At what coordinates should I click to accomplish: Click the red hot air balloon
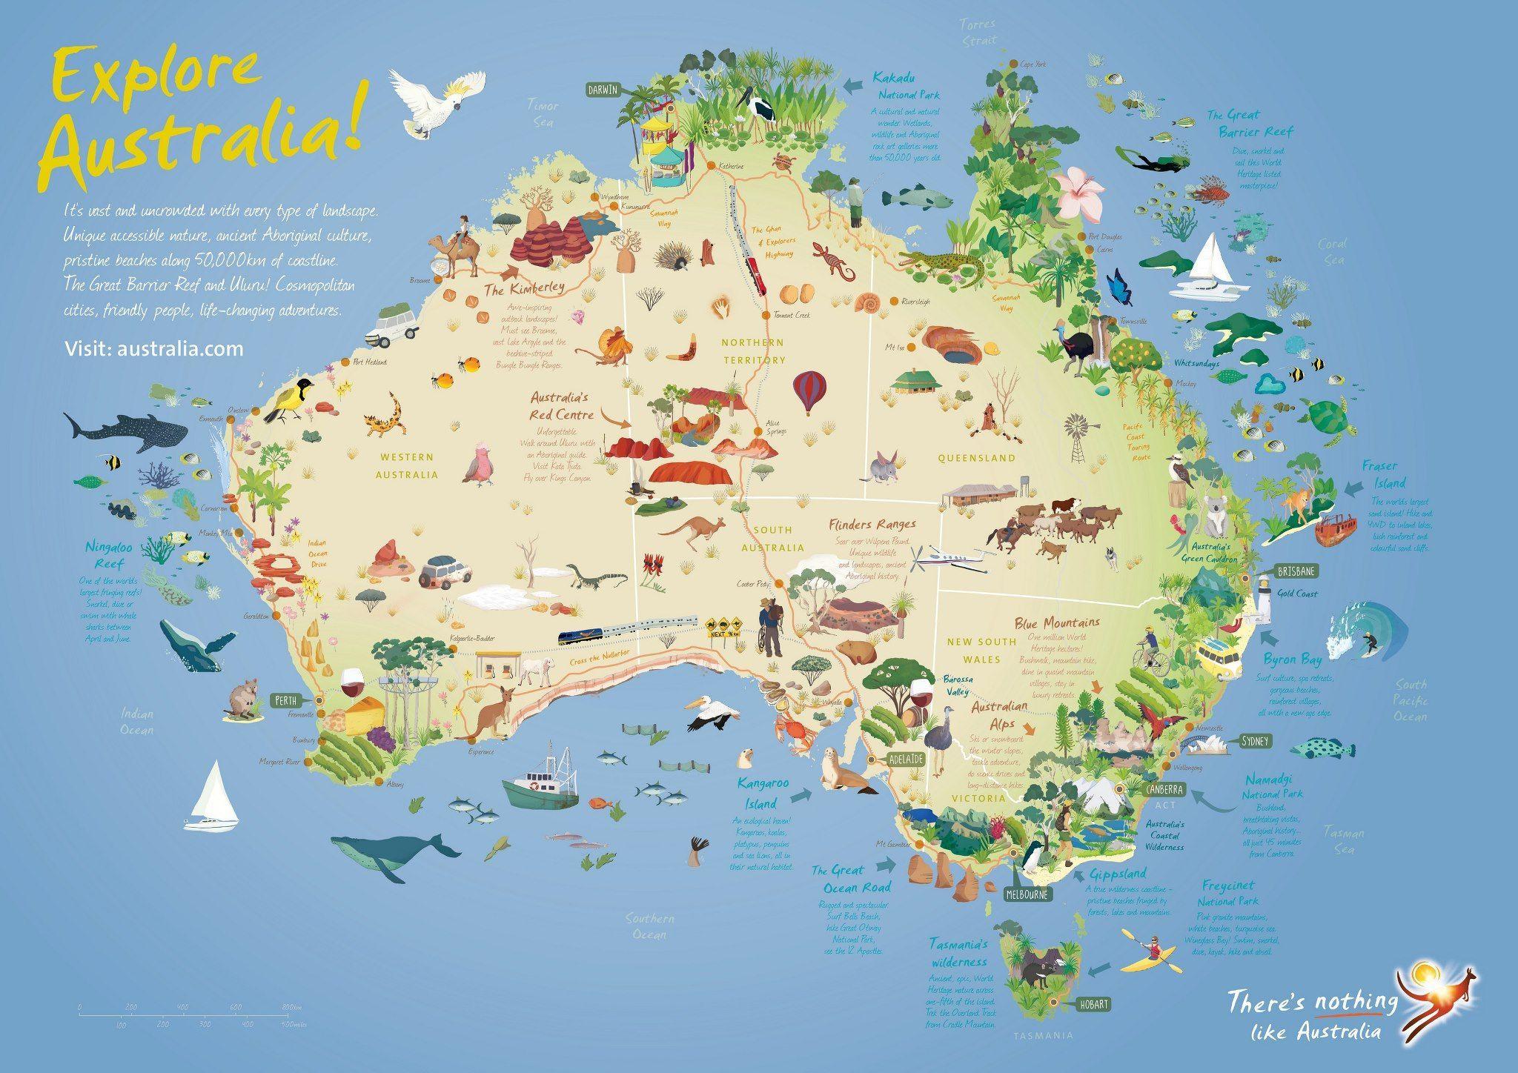pos(809,391)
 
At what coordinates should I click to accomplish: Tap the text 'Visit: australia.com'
pos(154,348)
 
